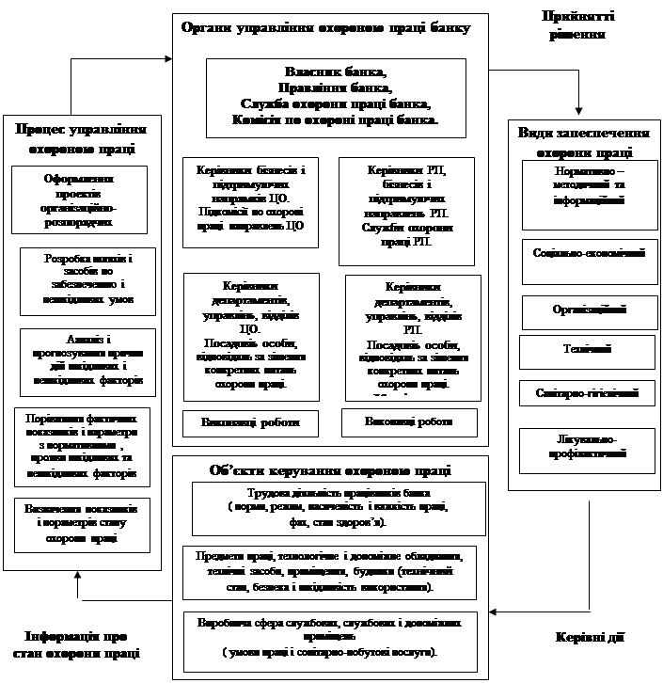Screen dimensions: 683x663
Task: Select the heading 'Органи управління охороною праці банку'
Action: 324,28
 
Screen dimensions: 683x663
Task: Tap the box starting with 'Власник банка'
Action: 336,97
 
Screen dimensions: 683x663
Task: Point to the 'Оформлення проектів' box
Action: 80,199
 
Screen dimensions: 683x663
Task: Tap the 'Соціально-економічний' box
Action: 588,261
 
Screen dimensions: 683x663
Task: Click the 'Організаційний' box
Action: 588,310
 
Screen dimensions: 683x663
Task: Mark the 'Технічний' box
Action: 588,350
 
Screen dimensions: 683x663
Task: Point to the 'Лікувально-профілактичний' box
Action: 588,449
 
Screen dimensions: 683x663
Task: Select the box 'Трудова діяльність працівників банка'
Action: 333,508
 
